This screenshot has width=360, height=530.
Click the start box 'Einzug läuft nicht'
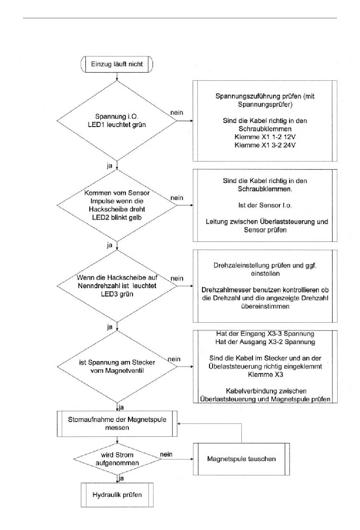[117, 64]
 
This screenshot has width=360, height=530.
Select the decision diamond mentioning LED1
[117, 121]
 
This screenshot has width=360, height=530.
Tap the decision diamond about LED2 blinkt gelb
[117, 205]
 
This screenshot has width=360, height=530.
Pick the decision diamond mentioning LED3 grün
[117, 286]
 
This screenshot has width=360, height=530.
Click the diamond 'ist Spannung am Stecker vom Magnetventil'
[117, 367]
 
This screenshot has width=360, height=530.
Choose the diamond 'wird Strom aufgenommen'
[117, 459]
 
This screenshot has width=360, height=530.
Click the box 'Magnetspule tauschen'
[241, 459]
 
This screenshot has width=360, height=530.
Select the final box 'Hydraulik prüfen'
[117, 495]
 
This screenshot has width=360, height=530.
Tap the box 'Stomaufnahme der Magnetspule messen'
[117, 423]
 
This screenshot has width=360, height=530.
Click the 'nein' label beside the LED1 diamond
[177, 113]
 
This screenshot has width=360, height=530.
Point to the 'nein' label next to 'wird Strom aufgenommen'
[166, 454]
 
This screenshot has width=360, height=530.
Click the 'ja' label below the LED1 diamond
[110, 166]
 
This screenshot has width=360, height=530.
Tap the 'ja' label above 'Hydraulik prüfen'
[121, 479]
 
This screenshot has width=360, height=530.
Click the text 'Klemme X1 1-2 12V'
[265, 137]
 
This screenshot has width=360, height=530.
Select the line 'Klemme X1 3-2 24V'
[265, 145]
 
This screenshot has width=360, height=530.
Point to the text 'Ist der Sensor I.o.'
[265, 205]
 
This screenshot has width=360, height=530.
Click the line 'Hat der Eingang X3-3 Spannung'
[265, 334]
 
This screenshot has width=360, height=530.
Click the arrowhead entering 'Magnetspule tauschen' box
[192, 459]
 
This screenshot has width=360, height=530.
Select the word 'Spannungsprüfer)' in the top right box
[265, 105]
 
